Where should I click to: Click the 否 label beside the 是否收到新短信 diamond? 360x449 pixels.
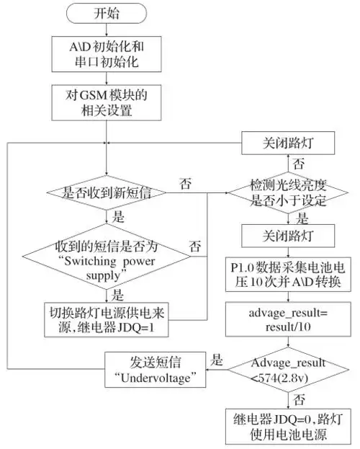coord(186,184)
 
